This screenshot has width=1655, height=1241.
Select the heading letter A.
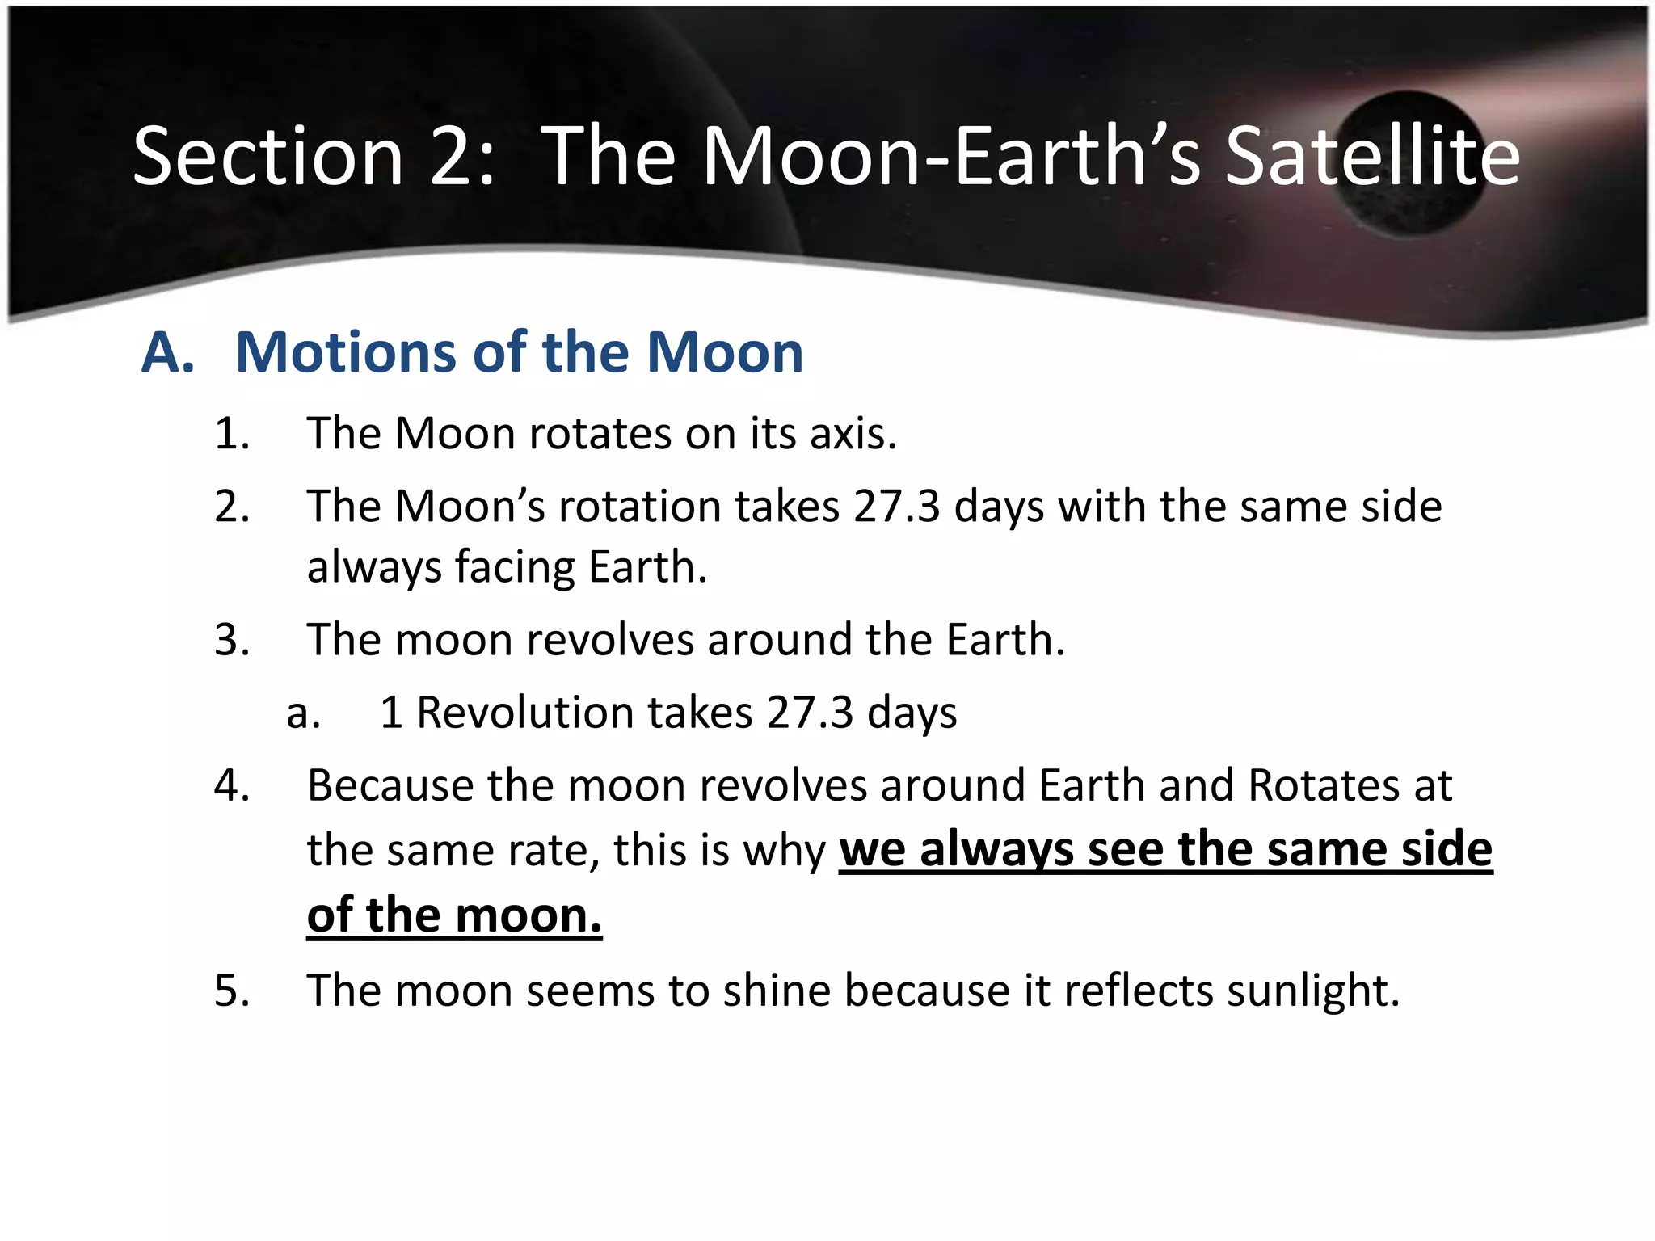(x=167, y=353)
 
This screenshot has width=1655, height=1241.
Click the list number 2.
(x=231, y=507)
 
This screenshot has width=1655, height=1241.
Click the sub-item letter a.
(x=303, y=713)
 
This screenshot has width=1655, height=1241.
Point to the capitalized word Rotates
(x=1324, y=785)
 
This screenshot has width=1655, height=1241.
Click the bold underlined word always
(x=996, y=851)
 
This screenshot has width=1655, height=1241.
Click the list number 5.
(x=231, y=991)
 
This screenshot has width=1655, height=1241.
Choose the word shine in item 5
(x=776, y=991)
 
